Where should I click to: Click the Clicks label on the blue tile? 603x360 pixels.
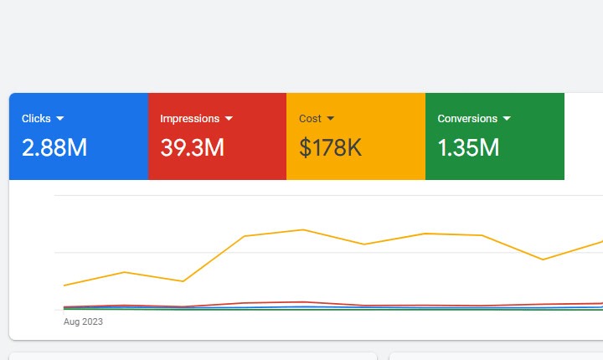point(36,119)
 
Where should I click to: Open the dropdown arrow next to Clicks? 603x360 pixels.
point(60,119)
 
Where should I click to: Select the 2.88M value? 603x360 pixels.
point(54,148)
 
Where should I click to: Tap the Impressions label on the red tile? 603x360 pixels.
point(189,119)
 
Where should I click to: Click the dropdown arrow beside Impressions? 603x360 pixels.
point(229,119)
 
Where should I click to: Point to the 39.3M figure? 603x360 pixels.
point(192,148)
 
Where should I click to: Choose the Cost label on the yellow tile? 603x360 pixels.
point(310,119)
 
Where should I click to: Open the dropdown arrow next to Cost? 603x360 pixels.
point(331,119)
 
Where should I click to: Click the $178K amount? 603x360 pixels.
point(330,148)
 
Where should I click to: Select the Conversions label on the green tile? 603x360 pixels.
point(467,119)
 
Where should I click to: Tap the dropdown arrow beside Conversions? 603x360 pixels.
point(506,119)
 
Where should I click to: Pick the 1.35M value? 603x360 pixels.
point(468,148)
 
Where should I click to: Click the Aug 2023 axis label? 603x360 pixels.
point(83,321)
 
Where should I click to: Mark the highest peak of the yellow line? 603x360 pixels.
point(303,229)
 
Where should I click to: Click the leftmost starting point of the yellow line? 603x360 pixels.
point(64,285)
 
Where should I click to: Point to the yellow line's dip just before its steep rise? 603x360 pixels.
point(183,281)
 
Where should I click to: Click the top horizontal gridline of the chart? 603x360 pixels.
point(327,196)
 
